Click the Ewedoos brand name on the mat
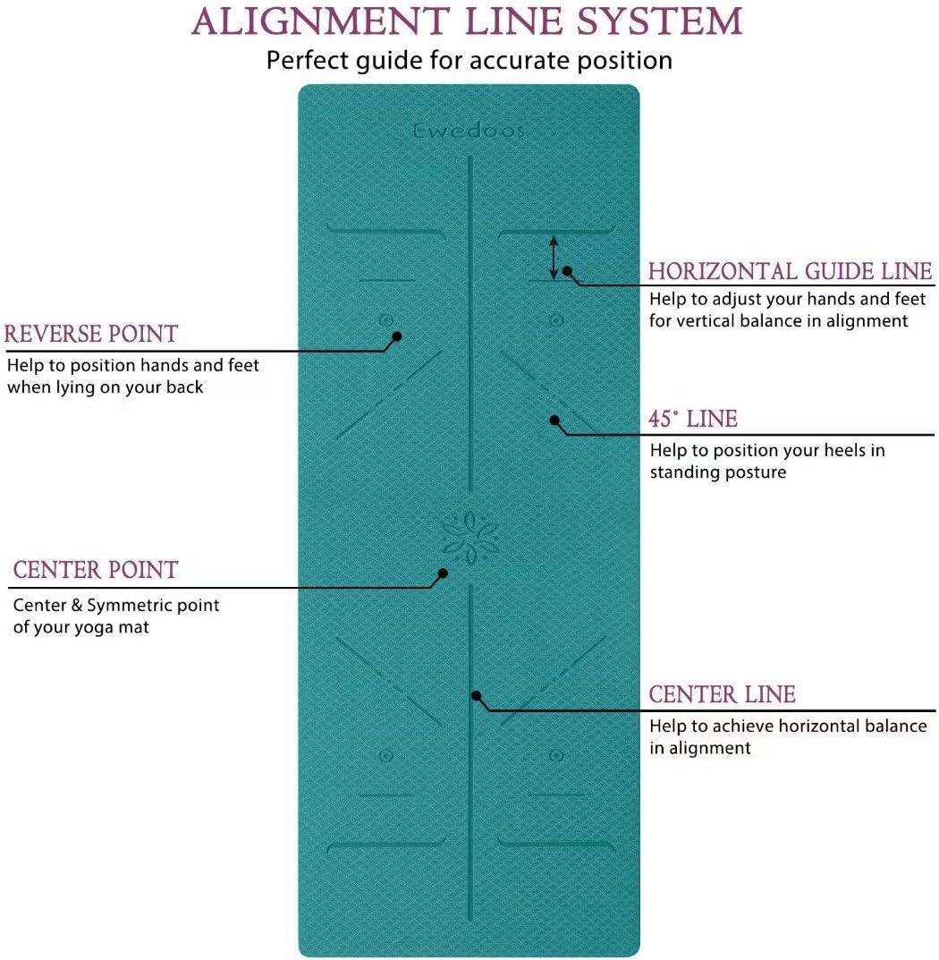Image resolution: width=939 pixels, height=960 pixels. [x=469, y=132]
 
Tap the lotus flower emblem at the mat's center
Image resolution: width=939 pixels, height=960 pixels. [x=469, y=537]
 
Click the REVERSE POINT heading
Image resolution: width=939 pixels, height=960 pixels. [x=91, y=335]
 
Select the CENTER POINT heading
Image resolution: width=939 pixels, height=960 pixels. [x=96, y=570]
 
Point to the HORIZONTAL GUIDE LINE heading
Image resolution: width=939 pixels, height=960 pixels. [x=791, y=271]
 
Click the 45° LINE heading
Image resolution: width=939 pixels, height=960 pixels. [x=693, y=419]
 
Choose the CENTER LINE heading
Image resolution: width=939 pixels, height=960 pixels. [x=722, y=694]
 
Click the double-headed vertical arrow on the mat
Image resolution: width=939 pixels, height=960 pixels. [x=554, y=258]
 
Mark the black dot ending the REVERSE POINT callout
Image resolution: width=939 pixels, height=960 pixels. [x=397, y=336]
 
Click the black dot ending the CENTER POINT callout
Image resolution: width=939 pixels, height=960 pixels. [x=443, y=573]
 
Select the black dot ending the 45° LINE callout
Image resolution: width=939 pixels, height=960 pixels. [x=554, y=420]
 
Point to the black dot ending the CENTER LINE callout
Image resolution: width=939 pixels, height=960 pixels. [x=477, y=695]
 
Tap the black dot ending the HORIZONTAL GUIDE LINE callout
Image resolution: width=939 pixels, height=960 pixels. [x=567, y=271]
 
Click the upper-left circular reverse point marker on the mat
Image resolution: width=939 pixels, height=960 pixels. [x=385, y=319]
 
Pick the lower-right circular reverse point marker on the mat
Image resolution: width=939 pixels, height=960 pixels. [x=554, y=755]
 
